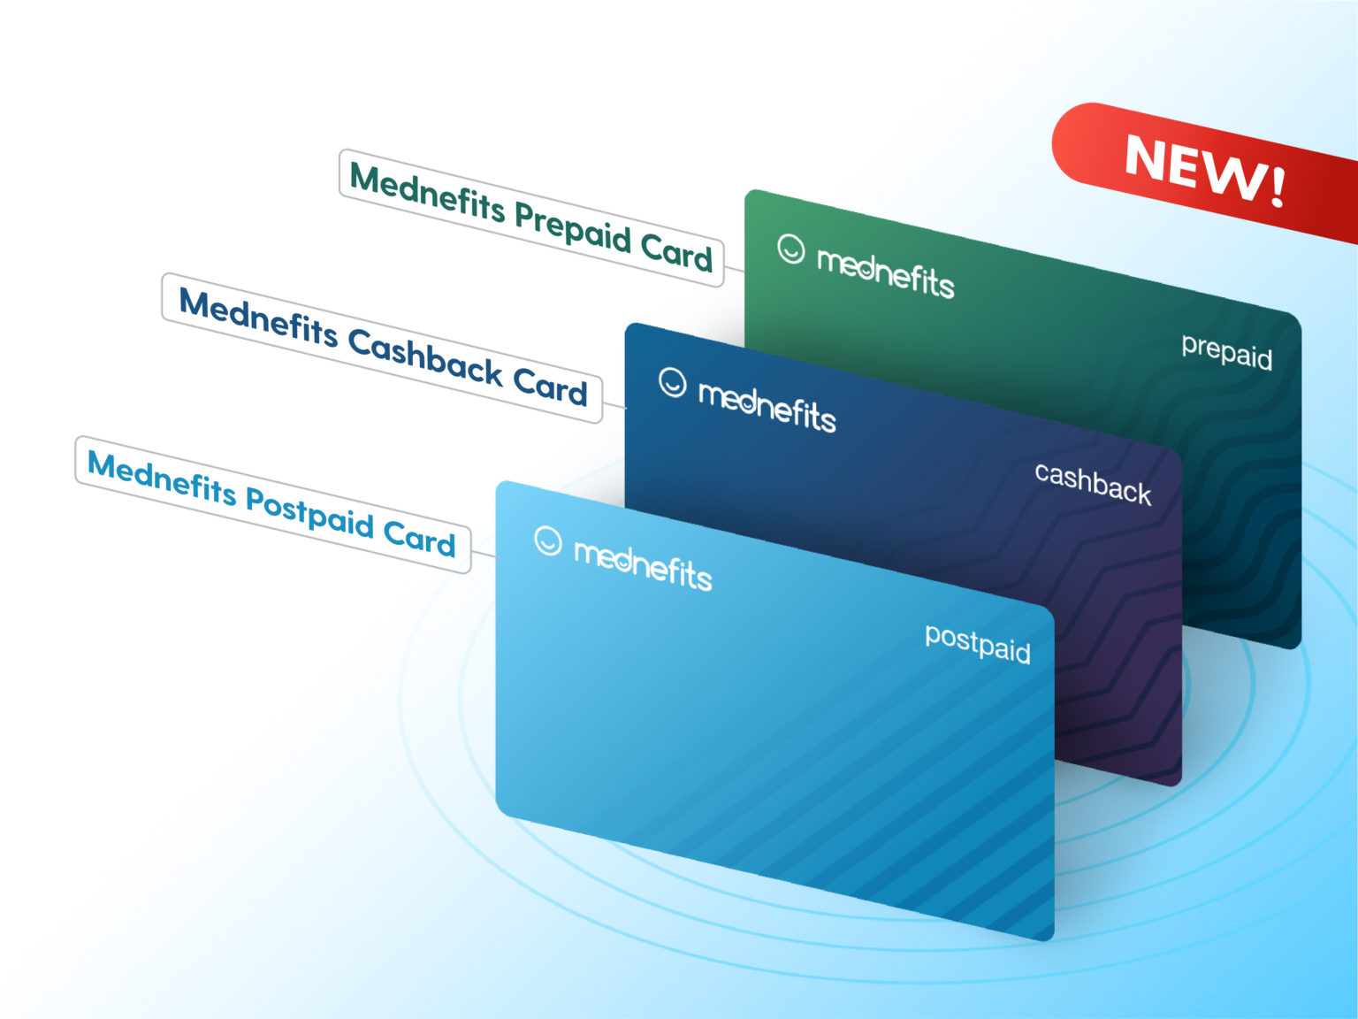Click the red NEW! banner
tap(1202, 168)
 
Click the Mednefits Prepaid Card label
tap(530, 218)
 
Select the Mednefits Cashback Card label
tap(382, 347)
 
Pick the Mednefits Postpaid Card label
tap(271, 504)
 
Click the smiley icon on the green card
tap(791, 249)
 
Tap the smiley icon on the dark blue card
tap(673, 383)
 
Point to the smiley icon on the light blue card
tap(548, 540)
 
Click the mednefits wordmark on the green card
tap(885, 272)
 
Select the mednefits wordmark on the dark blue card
tap(767, 406)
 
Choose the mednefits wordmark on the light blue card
tap(643, 564)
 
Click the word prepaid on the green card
tap(1226, 352)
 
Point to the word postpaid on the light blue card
tap(977, 643)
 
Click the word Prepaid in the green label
tap(573, 226)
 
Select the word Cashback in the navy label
tap(425, 356)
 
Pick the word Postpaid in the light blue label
tap(309, 513)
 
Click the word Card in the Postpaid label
tap(419, 537)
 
